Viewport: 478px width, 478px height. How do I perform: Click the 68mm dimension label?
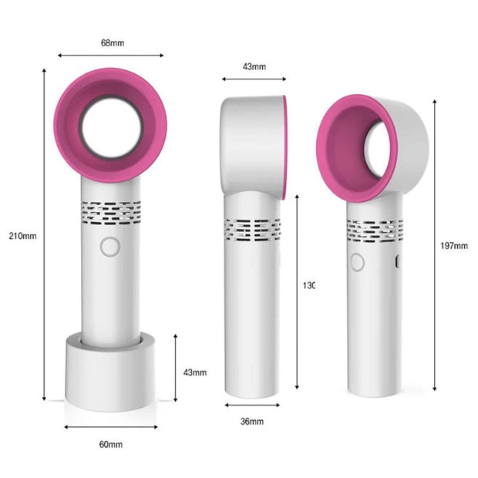click(112, 42)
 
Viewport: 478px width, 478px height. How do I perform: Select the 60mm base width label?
click(110, 445)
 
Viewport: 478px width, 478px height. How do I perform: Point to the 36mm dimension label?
click(251, 422)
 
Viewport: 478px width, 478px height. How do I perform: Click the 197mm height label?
click(457, 246)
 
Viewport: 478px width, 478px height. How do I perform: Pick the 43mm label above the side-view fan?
click(254, 66)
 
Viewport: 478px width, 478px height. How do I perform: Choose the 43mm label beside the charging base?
click(195, 372)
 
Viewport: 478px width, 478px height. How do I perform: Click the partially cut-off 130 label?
click(308, 285)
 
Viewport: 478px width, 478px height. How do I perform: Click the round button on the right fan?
click(357, 262)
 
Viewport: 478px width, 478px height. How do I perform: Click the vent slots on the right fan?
click(374, 229)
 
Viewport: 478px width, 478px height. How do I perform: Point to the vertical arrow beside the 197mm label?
click(436, 246)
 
